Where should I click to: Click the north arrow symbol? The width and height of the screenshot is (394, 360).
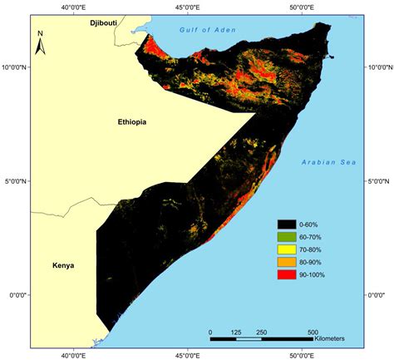click(40, 41)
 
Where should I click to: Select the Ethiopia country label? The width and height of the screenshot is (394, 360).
click(131, 122)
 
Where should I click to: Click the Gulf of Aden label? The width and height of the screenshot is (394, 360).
click(208, 30)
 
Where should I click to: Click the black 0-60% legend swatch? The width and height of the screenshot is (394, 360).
click(288, 224)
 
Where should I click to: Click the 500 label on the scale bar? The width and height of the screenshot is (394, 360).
click(313, 332)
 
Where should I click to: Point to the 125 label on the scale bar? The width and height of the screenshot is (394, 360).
click(236, 332)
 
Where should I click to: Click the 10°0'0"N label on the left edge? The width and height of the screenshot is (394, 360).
click(13, 67)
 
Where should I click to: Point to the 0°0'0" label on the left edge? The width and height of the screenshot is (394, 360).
click(15, 294)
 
